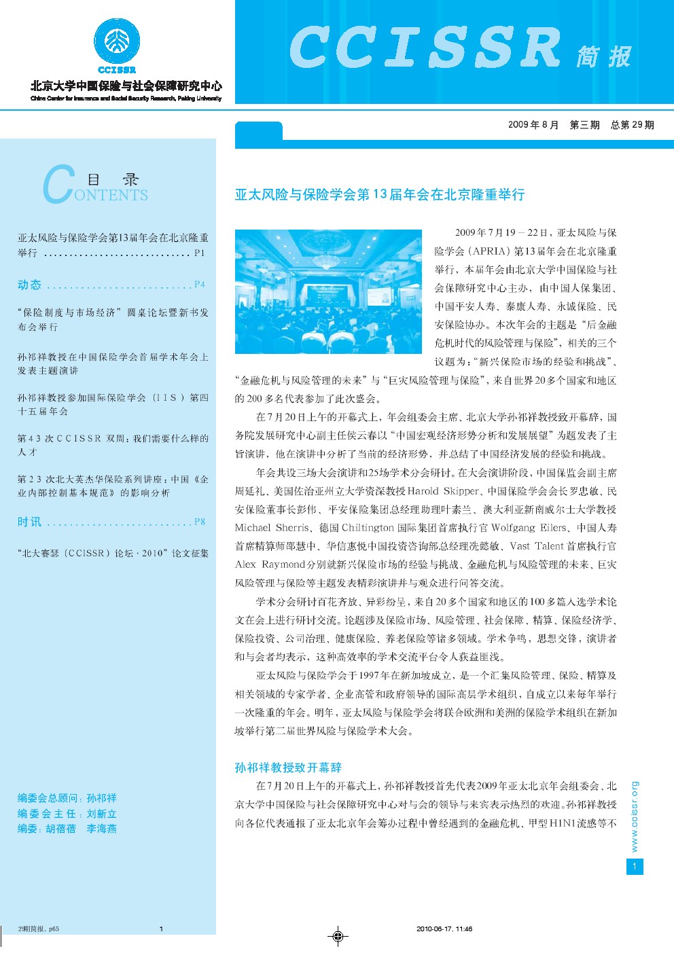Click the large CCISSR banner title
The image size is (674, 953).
[425, 48]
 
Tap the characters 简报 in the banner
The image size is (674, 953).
[604, 56]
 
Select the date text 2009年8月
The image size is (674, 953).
[533, 125]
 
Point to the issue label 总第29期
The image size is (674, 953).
[632, 125]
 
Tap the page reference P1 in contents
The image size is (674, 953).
[199, 253]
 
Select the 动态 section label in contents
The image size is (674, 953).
[30, 285]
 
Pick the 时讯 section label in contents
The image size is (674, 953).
[30, 522]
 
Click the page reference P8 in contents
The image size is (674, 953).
[199, 522]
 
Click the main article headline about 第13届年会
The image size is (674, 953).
[380, 195]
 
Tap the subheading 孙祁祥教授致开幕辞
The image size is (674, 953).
[288, 768]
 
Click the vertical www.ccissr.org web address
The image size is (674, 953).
[635, 816]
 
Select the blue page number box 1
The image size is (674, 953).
[635, 866]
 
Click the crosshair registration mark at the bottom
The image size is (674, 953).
[338, 937]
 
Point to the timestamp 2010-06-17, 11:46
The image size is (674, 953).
[444, 929]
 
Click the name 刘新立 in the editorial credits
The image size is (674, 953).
[102, 814]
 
